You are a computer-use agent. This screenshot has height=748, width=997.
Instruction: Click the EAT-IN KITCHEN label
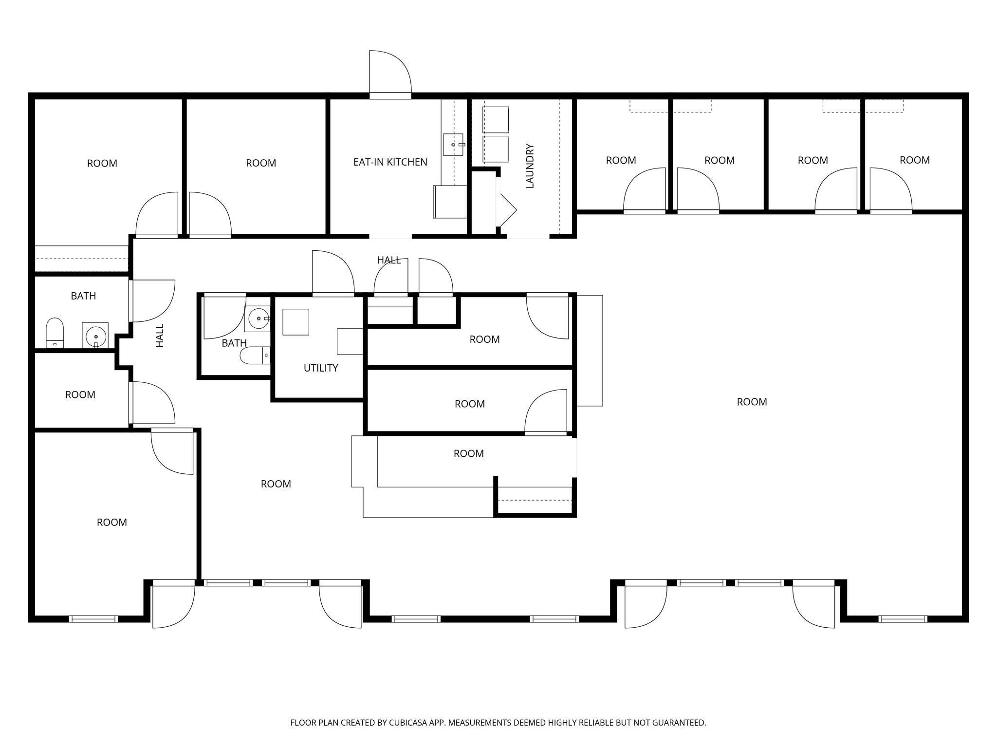pyautogui.click(x=390, y=162)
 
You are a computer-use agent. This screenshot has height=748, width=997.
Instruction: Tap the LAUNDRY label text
pyautogui.click(x=530, y=166)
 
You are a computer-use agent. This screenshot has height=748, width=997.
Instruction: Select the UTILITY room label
pyautogui.click(x=320, y=368)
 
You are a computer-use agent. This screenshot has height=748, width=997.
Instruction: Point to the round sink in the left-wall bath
pyautogui.click(x=95, y=336)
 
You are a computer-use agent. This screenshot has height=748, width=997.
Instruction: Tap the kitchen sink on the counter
pyautogui.click(x=453, y=145)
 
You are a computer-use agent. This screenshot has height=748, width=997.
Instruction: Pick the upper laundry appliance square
pyautogui.click(x=496, y=120)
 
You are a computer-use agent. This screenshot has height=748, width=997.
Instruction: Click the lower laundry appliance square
pyautogui.click(x=496, y=149)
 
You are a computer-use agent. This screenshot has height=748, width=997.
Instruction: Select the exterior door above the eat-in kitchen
pyautogui.click(x=390, y=73)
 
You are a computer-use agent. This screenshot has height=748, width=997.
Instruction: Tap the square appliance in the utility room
pyautogui.click(x=295, y=322)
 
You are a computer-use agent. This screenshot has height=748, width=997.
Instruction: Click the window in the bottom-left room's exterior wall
pyautogui.click(x=93, y=619)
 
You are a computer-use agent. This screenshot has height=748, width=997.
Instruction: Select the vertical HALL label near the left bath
pyautogui.click(x=160, y=336)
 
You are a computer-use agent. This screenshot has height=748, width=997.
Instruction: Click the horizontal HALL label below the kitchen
pyautogui.click(x=388, y=261)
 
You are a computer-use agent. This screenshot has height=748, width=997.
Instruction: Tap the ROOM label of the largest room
pyautogui.click(x=752, y=402)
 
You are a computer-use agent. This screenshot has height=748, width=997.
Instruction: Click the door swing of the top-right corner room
pyautogui.click(x=890, y=190)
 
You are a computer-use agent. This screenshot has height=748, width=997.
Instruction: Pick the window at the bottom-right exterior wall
pyautogui.click(x=903, y=619)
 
